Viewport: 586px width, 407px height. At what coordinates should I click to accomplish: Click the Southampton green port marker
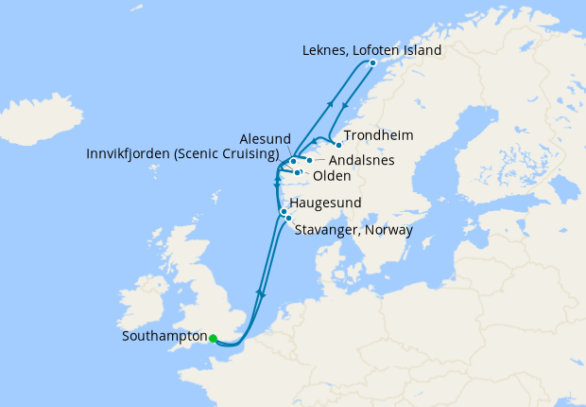click(213, 338)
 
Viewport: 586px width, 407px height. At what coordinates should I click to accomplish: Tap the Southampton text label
click(164, 337)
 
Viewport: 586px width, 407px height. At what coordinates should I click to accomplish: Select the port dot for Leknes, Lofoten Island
click(372, 63)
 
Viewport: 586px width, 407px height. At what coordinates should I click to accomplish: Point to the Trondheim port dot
click(338, 145)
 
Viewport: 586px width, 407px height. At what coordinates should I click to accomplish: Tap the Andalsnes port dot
click(309, 161)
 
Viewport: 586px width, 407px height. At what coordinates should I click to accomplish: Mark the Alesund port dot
click(294, 162)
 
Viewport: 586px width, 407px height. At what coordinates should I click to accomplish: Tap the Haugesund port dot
click(283, 212)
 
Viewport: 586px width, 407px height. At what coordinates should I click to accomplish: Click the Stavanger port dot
click(288, 220)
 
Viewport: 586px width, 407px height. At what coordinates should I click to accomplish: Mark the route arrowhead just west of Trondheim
click(314, 143)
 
